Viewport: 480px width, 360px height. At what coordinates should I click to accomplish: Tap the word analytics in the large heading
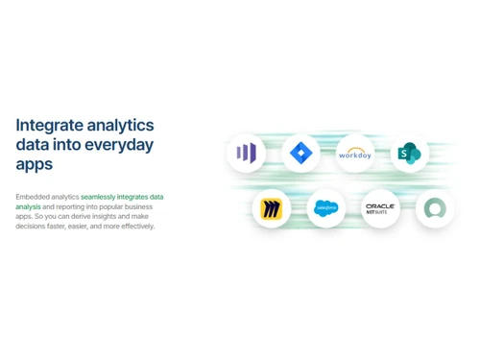[120, 126]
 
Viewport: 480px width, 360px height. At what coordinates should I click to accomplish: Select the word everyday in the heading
[121, 145]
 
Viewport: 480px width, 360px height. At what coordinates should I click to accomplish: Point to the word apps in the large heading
[35, 165]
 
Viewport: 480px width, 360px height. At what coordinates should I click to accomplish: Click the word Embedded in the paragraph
[31, 197]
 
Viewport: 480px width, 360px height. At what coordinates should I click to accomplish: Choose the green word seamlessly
[100, 197]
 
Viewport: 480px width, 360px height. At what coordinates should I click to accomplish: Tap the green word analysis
[28, 206]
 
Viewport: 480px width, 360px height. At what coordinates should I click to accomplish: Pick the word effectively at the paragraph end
[136, 227]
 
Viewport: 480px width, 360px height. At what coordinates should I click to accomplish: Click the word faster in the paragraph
[61, 227]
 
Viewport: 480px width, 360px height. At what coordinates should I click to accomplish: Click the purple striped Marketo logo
[247, 153]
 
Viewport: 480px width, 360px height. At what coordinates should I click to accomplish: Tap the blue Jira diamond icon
[301, 153]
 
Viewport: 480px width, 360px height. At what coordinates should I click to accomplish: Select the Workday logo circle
[355, 153]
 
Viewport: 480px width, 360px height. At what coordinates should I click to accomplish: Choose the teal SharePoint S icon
[410, 153]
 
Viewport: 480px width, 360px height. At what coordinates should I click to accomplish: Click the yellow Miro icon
[272, 208]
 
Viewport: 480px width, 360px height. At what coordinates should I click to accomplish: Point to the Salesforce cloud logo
[326, 208]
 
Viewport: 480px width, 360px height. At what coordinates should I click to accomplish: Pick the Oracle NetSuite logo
[380, 208]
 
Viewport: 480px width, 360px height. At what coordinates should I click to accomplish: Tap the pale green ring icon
[435, 208]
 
